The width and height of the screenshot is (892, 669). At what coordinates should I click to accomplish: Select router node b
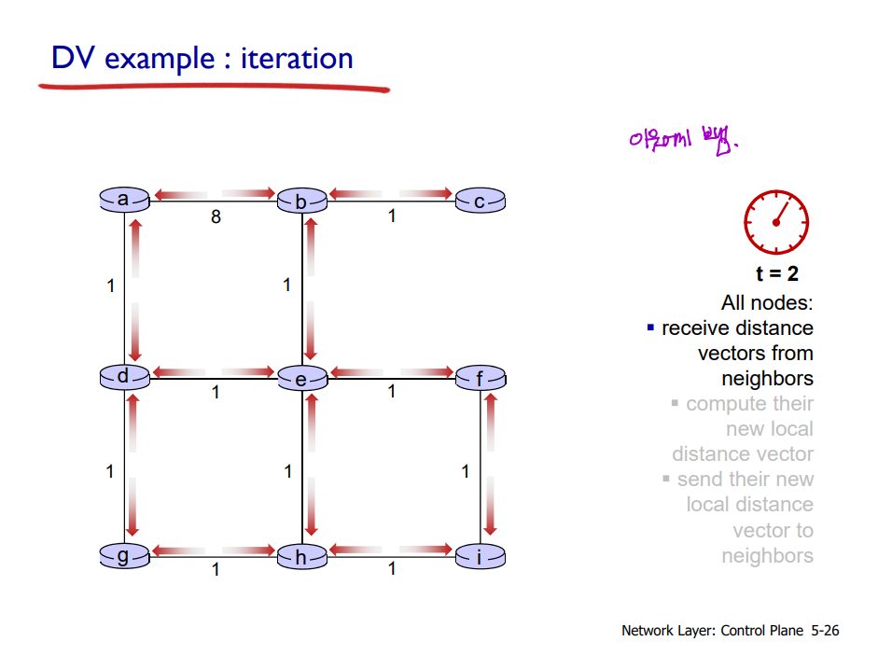(x=301, y=201)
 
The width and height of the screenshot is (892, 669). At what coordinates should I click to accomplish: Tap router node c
(x=480, y=201)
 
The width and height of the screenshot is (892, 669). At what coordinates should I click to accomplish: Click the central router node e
(x=301, y=379)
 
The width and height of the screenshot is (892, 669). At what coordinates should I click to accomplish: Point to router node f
(x=480, y=379)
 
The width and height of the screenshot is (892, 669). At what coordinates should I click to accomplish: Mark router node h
(x=301, y=558)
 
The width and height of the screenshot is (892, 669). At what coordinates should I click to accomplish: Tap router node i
(x=480, y=558)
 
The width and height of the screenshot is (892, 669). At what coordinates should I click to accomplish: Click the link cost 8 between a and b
(x=216, y=217)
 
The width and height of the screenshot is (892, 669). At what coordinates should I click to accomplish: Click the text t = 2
(x=776, y=274)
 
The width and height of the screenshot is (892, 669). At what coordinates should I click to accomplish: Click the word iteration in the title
(x=297, y=59)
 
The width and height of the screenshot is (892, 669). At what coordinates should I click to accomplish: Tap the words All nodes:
(x=767, y=303)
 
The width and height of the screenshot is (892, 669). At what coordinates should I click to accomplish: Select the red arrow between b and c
(x=391, y=194)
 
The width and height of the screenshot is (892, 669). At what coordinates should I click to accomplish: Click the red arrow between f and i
(x=490, y=467)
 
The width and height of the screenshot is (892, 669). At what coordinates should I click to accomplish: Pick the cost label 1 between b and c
(x=392, y=216)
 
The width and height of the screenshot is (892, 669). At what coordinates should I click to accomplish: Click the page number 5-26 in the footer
(x=825, y=631)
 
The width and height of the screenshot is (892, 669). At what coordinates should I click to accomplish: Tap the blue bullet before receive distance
(x=651, y=328)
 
